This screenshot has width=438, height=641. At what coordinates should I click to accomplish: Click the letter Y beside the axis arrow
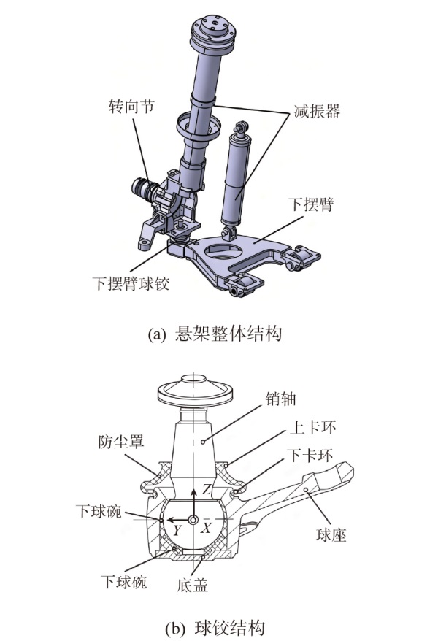click(x=177, y=530)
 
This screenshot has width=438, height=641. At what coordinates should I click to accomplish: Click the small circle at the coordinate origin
click(x=193, y=519)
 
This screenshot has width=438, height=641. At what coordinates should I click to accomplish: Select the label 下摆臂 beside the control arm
click(x=310, y=205)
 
